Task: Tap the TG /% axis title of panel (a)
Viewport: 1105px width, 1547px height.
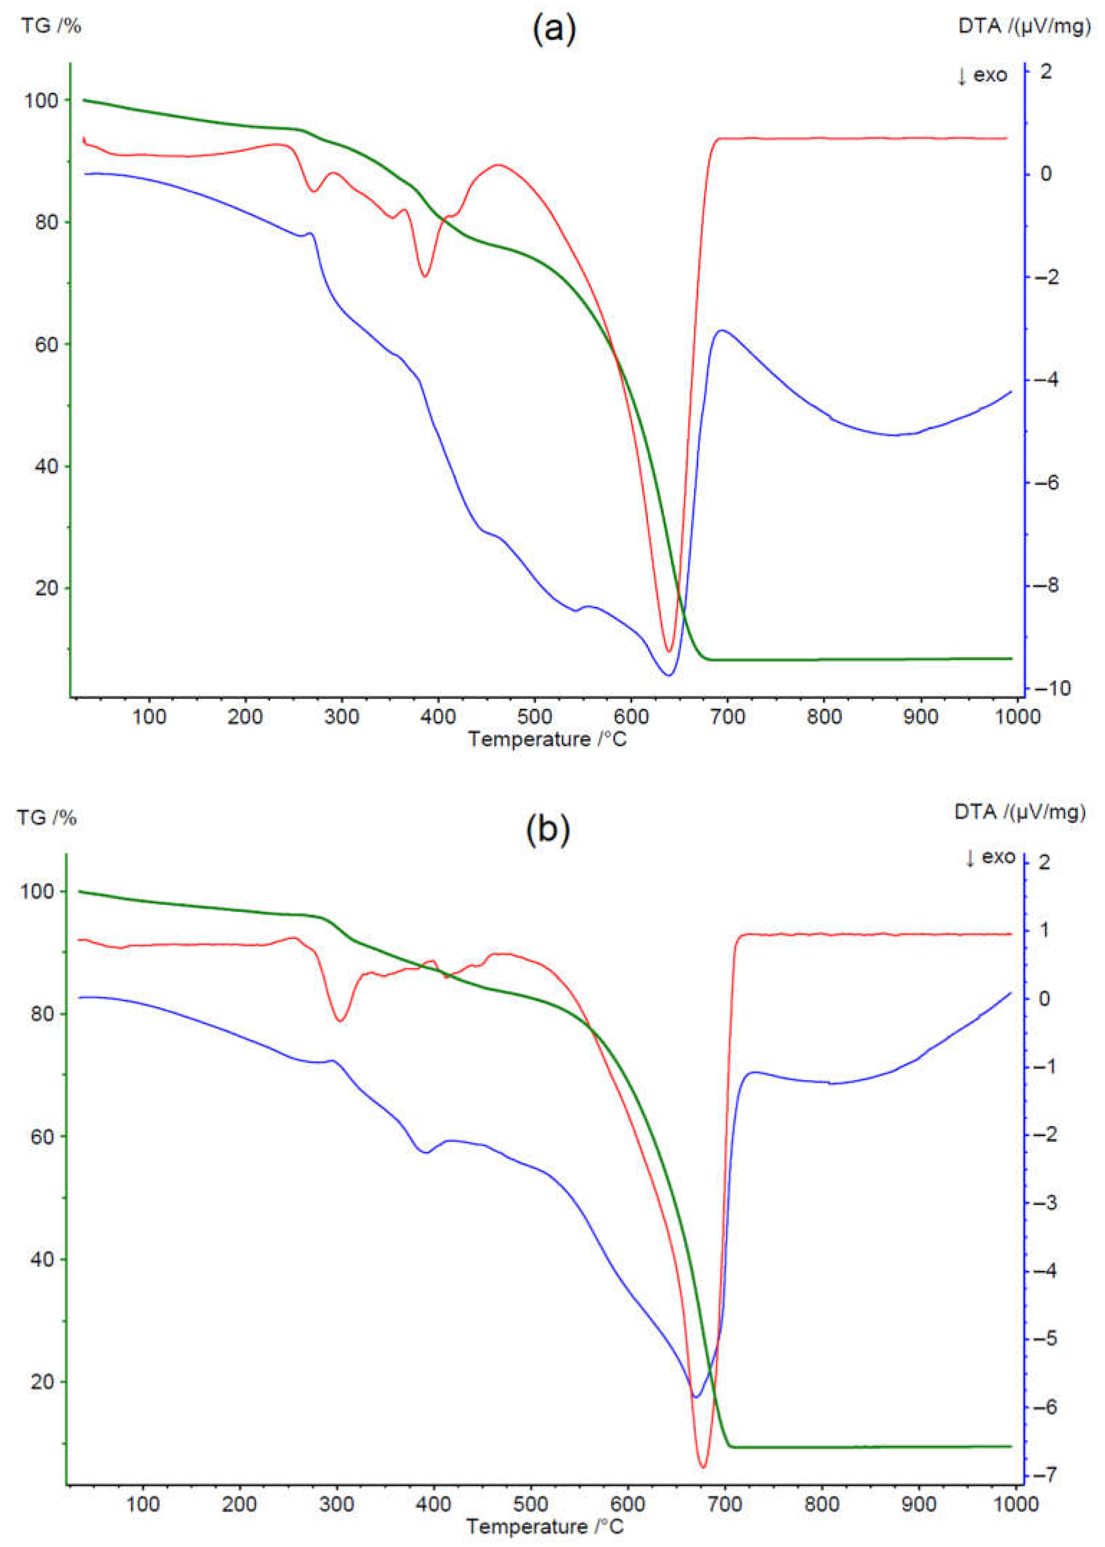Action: tap(51, 27)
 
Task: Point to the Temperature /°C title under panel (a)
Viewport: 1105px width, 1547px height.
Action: tap(547, 739)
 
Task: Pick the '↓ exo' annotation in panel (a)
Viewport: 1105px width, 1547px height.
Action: tap(982, 75)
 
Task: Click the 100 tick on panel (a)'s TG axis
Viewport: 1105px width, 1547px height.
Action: tap(42, 101)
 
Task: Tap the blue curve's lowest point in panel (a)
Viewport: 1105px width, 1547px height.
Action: tap(669, 675)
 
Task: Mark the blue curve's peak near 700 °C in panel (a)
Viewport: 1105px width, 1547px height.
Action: tap(722, 331)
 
